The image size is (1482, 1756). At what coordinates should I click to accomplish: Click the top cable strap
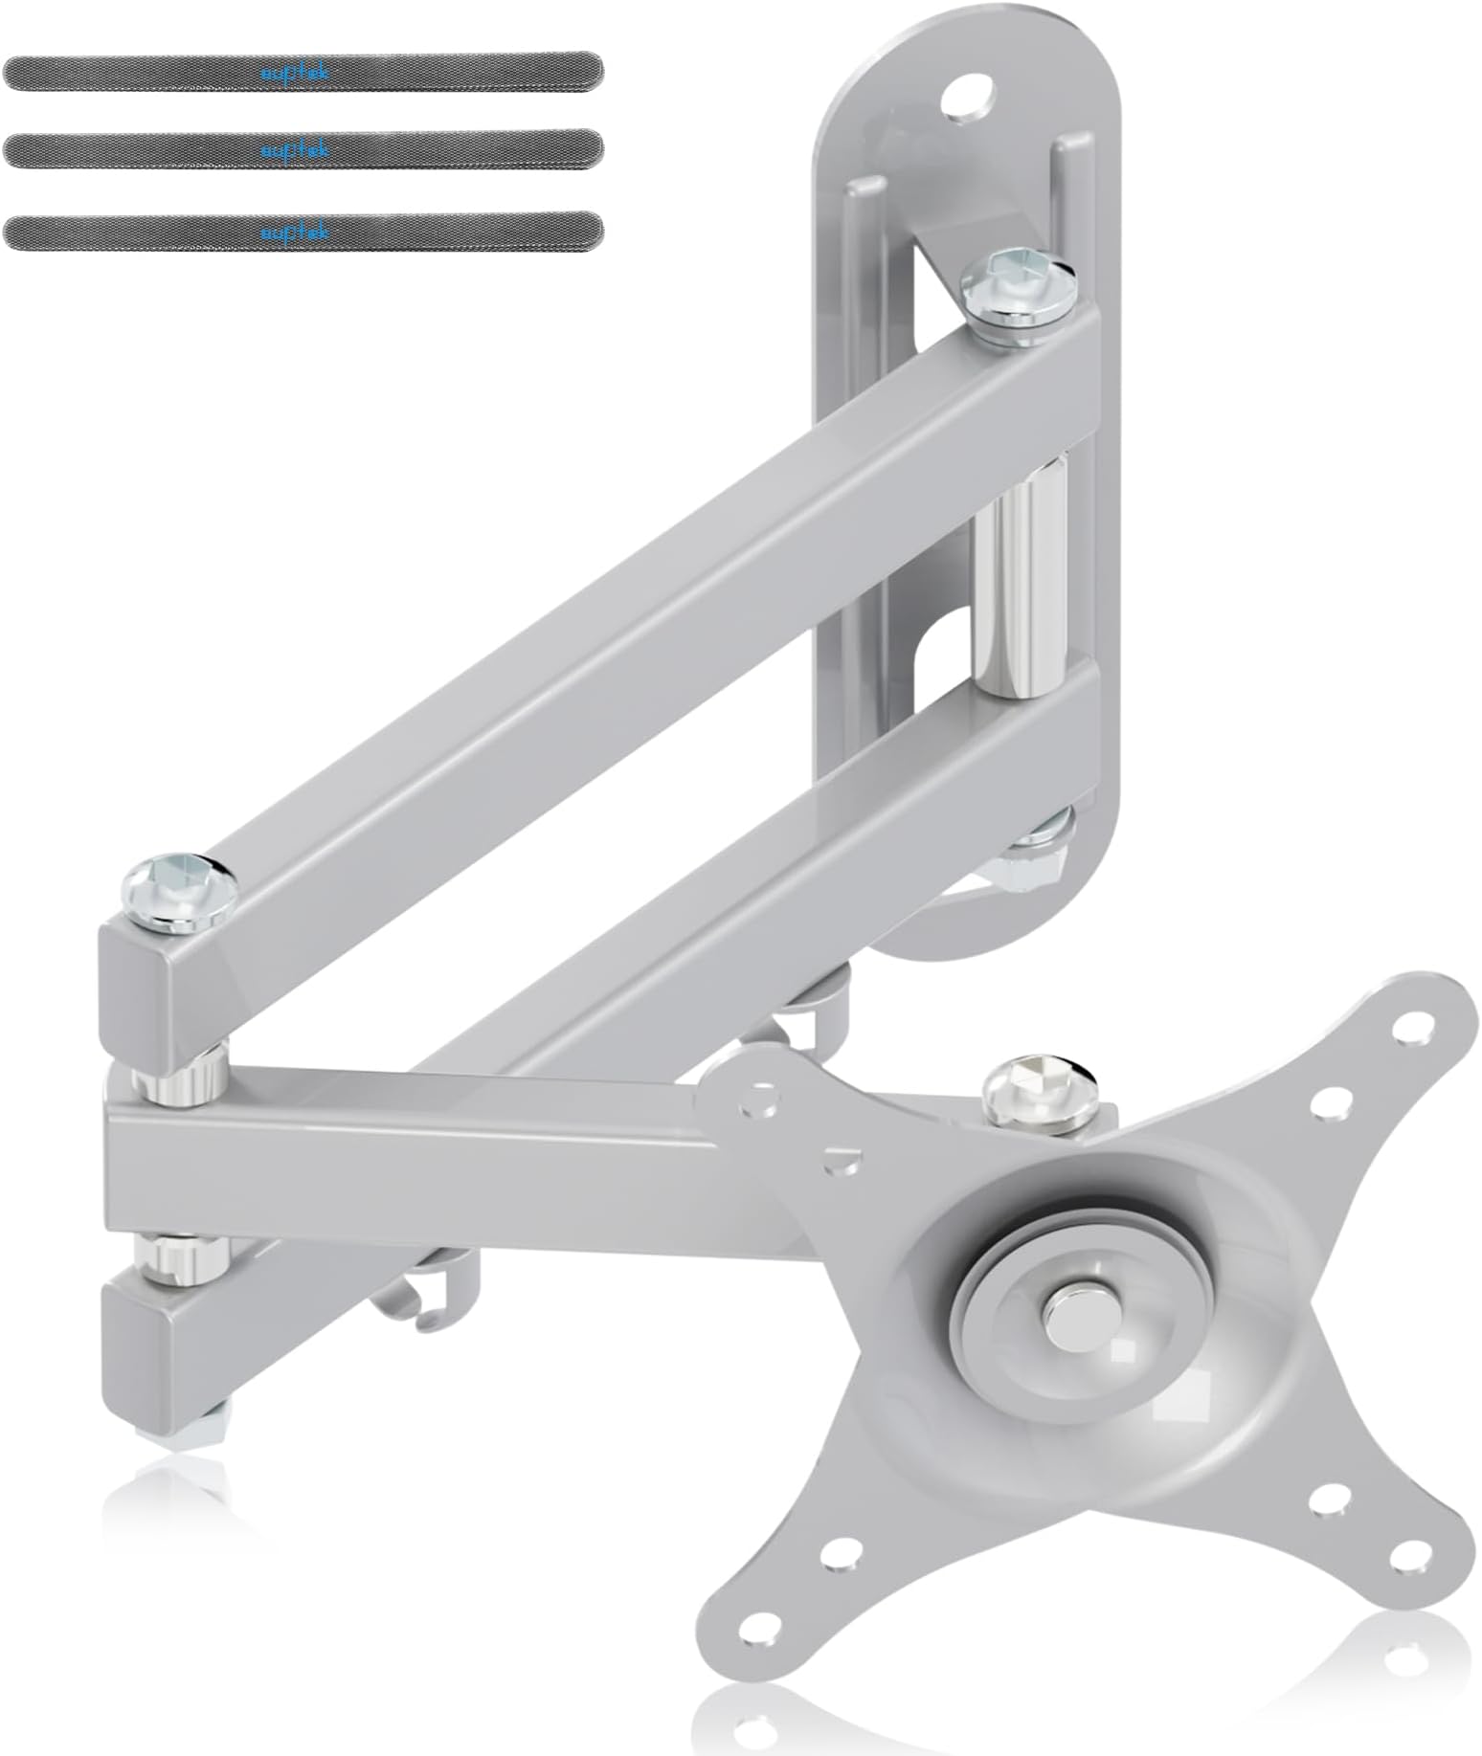coord(303,73)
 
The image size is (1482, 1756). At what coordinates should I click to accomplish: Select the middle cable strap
coord(303,151)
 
